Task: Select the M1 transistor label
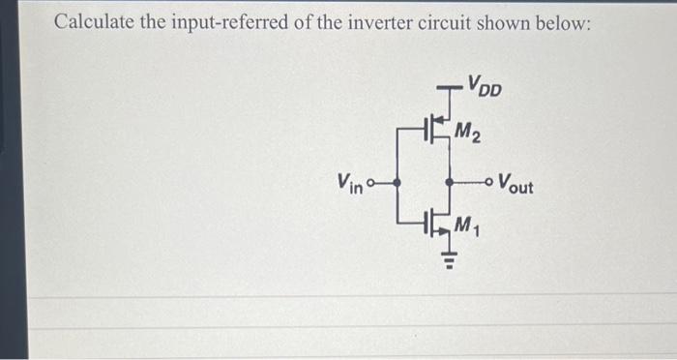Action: (468, 228)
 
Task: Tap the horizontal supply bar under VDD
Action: (449, 88)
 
